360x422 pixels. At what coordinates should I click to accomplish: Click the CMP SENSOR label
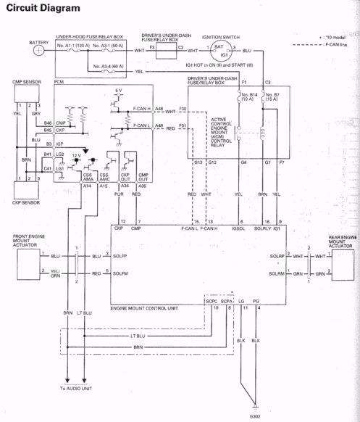pyautogui.click(x=26, y=83)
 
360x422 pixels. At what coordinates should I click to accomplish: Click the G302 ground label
pyautogui.click(x=255, y=416)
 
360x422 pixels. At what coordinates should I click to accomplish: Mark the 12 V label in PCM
pyautogui.click(x=87, y=157)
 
